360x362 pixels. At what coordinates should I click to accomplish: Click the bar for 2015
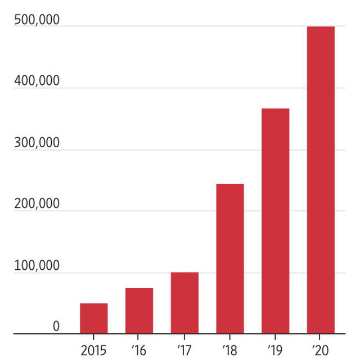click(x=93, y=319)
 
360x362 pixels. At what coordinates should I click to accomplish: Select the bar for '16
click(x=139, y=311)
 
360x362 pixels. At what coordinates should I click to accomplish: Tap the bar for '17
click(x=184, y=303)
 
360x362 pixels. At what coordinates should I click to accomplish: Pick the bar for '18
click(x=229, y=259)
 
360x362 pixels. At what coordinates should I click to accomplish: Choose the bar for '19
click(x=275, y=221)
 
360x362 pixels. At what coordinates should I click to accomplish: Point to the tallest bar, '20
click(x=321, y=180)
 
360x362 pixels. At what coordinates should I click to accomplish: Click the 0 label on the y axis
click(x=56, y=327)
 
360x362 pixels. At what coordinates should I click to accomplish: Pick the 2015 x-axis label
click(x=93, y=351)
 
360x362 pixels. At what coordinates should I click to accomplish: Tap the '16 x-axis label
click(x=138, y=351)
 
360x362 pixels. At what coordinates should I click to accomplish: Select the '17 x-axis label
click(x=184, y=351)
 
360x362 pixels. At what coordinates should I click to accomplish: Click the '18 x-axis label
click(x=229, y=351)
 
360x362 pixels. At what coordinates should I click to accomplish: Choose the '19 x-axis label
click(x=275, y=351)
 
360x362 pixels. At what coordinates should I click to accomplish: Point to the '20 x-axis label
click(x=321, y=351)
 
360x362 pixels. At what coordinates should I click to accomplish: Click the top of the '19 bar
click(x=275, y=109)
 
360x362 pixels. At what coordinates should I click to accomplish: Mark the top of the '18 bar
click(x=229, y=184)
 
